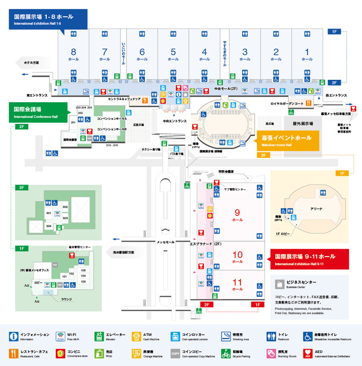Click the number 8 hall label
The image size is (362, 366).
[74, 54]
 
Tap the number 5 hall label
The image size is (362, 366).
[173, 54]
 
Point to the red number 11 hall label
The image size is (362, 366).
[237, 285]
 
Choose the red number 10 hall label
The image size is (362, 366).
[237, 256]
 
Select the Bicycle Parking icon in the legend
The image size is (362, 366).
[226, 353]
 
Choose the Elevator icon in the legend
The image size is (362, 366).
[99, 336]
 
